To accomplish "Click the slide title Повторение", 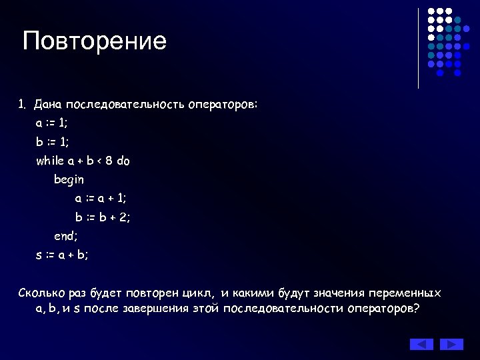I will [x=94, y=41].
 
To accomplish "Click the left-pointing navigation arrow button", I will [x=421, y=344].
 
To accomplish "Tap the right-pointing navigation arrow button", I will [x=451, y=344].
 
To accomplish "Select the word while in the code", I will [x=51, y=161].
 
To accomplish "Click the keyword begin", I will [x=69, y=179].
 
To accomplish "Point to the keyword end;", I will [x=66, y=235].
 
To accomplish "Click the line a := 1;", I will [x=52, y=123].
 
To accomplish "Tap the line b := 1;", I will [x=52, y=142].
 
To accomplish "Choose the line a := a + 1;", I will [x=101, y=198].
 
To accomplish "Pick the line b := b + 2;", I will [x=102, y=217].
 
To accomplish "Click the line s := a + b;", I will [x=62, y=254].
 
